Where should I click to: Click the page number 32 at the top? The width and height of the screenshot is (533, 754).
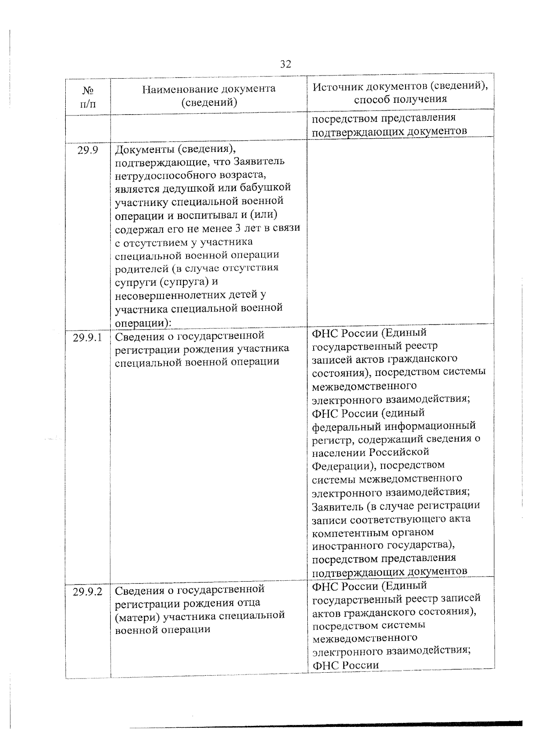286,64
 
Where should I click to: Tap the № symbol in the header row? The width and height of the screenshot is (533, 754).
88,91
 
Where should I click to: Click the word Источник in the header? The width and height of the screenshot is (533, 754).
336,86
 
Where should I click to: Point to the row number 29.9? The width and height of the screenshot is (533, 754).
88,150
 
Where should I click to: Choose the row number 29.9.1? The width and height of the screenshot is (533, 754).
88,337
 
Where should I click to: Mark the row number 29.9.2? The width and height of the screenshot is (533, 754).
88,592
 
